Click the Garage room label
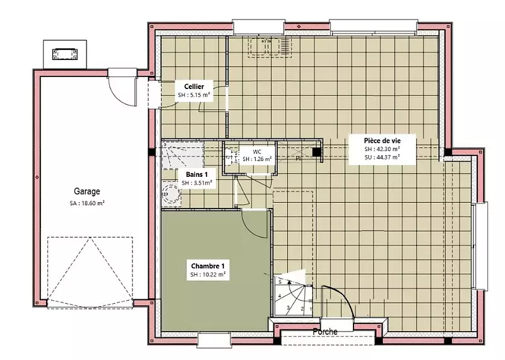click(x=87, y=191)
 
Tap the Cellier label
click(x=194, y=87)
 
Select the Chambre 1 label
click(x=208, y=266)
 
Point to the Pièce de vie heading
click(x=383, y=140)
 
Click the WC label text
click(x=257, y=152)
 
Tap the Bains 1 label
click(x=197, y=174)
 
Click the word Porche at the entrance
click(x=325, y=332)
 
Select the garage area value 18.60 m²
click(x=87, y=203)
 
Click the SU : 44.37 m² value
click(x=383, y=157)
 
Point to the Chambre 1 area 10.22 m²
click(x=208, y=275)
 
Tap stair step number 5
click(x=280, y=282)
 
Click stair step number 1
click(x=311, y=309)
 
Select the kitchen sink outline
click(x=270, y=47)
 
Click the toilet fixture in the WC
click(x=230, y=156)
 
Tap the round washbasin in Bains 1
click(x=171, y=194)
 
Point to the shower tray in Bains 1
click(x=182, y=154)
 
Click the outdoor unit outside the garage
click(x=65, y=54)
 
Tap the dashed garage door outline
click(x=90, y=272)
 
